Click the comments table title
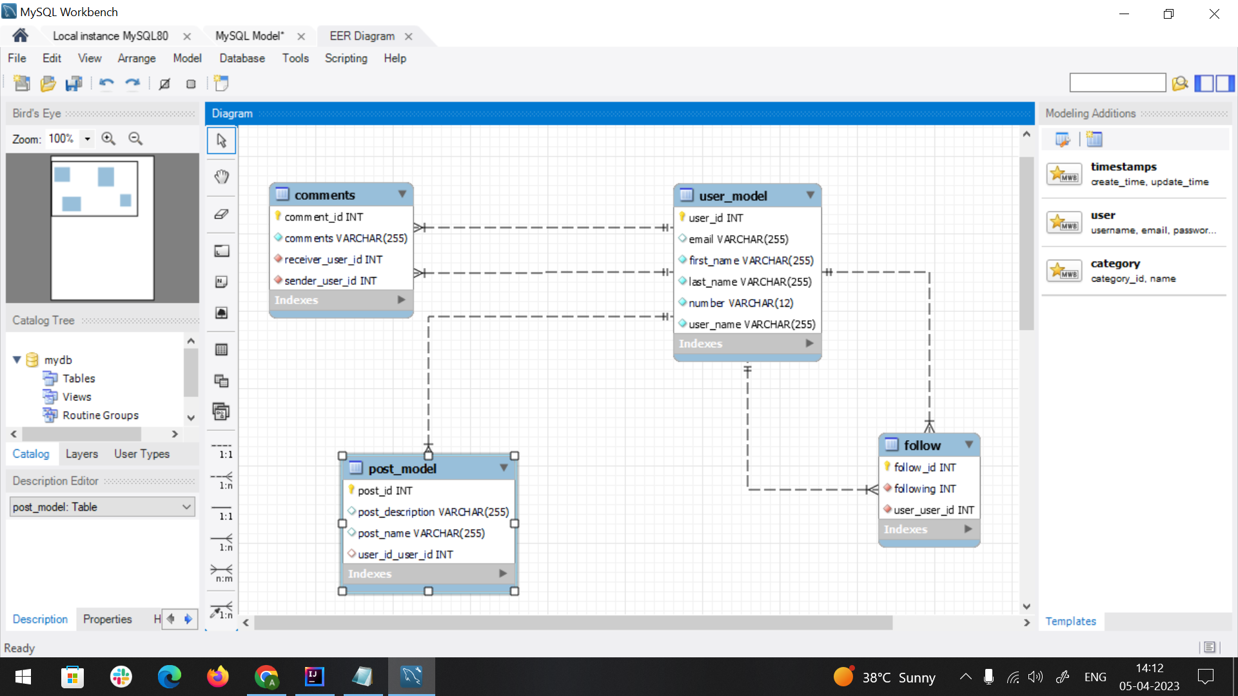pyautogui.click(x=324, y=195)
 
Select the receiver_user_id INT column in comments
pyautogui.click(x=333, y=259)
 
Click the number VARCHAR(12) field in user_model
pyautogui.click(x=740, y=303)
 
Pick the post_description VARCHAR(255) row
pyautogui.click(x=433, y=512)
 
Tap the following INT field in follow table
pyautogui.click(x=925, y=488)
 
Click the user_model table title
pyautogui.click(x=732, y=196)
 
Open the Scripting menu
pyautogui.click(x=346, y=58)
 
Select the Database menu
pyautogui.click(x=242, y=58)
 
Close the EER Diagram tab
pyautogui.click(x=408, y=37)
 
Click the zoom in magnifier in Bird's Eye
pyautogui.click(x=108, y=139)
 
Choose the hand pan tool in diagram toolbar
pyautogui.click(x=221, y=177)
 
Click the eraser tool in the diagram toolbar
pyautogui.click(x=221, y=214)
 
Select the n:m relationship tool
pyautogui.click(x=221, y=572)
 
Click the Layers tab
pyautogui.click(x=82, y=454)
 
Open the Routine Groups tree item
pyautogui.click(x=100, y=415)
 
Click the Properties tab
pyautogui.click(x=107, y=619)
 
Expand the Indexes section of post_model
pyautogui.click(x=503, y=574)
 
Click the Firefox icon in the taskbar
pyautogui.click(x=217, y=677)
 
